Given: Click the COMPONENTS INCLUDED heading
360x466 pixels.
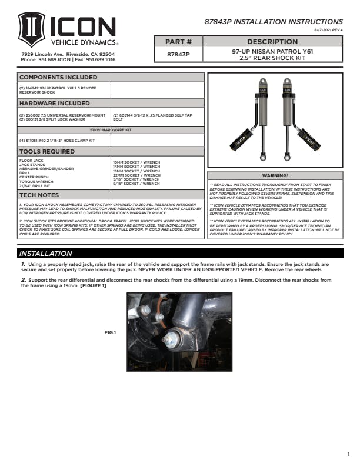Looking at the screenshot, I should (x=58, y=77).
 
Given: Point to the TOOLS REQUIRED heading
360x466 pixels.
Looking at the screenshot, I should (x=48, y=151).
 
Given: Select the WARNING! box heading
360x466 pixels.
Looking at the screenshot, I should (x=275, y=175).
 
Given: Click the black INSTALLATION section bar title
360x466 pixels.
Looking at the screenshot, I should (x=46, y=254).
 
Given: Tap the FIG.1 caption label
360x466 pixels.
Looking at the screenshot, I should (x=110, y=332).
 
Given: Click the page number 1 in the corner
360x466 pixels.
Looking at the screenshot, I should (x=348, y=454).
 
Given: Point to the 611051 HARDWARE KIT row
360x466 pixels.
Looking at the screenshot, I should (x=111, y=130).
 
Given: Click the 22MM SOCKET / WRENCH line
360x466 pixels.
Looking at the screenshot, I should (x=136, y=175).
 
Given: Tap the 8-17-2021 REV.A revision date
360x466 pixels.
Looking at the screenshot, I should (x=328, y=29).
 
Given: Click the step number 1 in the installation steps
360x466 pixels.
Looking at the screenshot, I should (x=22, y=265).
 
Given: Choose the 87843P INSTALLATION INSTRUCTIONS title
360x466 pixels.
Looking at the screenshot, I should (x=273, y=21).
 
